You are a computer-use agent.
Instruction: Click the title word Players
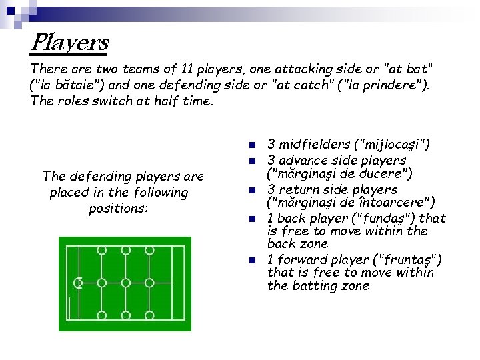click(x=69, y=44)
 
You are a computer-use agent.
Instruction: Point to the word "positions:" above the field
click(x=119, y=209)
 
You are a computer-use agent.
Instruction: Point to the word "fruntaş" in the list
click(x=407, y=259)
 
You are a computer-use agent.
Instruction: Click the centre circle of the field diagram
click(x=125, y=283)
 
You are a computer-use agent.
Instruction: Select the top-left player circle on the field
click(x=101, y=251)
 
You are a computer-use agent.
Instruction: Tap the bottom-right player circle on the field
click(x=149, y=315)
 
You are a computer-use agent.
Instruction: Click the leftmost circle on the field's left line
click(x=78, y=283)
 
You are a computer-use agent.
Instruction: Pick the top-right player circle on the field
click(x=149, y=251)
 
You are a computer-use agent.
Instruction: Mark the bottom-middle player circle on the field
click(x=125, y=315)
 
